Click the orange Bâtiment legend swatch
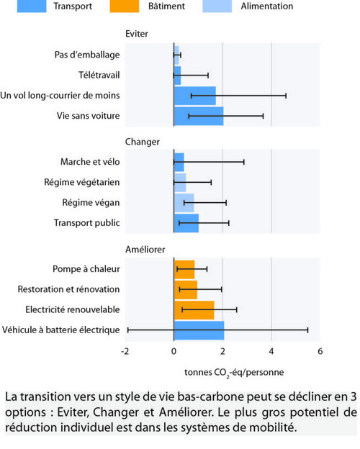pyautogui.click(x=124, y=6)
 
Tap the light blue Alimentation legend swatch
pyautogui.click(x=217, y=6)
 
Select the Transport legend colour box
pyautogui.click(x=32, y=6)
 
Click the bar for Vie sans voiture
pyautogui.click(x=199, y=116)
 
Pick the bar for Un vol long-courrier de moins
pyautogui.click(x=195, y=96)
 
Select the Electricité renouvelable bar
pyautogui.click(x=194, y=310)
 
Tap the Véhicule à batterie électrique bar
pyautogui.click(x=199, y=330)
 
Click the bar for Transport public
pyautogui.click(x=186, y=223)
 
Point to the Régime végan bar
pyautogui.click(x=184, y=203)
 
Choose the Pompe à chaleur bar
pyautogui.click(x=184, y=269)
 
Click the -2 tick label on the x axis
pyautogui.click(x=125, y=351)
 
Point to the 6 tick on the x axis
pyautogui.click(x=320, y=351)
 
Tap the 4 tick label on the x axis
pyautogui.click(x=271, y=351)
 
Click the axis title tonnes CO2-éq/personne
pyautogui.click(x=234, y=373)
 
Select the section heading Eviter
pyautogui.click(x=137, y=34)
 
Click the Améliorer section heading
pyautogui.click(x=145, y=250)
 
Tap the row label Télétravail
pyautogui.click(x=99, y=75)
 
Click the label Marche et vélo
pyautogui.click(x=90, y=162)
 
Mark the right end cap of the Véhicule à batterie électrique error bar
pyautogui.click(x=308, y=330)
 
